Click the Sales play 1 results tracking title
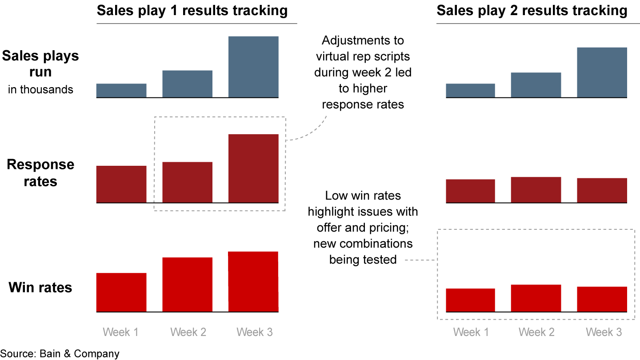[x=192, y=11]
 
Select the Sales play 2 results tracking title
[x=532, y=11]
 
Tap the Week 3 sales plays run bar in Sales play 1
[x=253, y=67]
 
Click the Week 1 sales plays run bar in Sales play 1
[x=121, y=90]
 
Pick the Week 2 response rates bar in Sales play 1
[x=187, y=182]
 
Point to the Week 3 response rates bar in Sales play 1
[x=253, y=168]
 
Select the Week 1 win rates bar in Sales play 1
[x=121, y=292]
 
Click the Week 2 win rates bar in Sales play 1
[x=187, y=284]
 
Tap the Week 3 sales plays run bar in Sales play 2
[x=602, y=72]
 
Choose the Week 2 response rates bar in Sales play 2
[x=536, y=190]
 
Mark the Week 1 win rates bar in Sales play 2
[x=470, y=300]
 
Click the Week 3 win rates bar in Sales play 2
[x=602, y=299]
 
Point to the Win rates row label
[x=40, y=288]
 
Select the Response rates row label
[x=40, y=173]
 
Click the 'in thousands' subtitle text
[x=40, y=89]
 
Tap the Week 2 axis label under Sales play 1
[x=188, y=332]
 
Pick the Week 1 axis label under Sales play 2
[x=471, y=332]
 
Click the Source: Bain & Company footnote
[x=60, y=354]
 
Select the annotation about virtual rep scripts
[x=363, y=72]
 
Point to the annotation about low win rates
[x=363, y=227]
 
